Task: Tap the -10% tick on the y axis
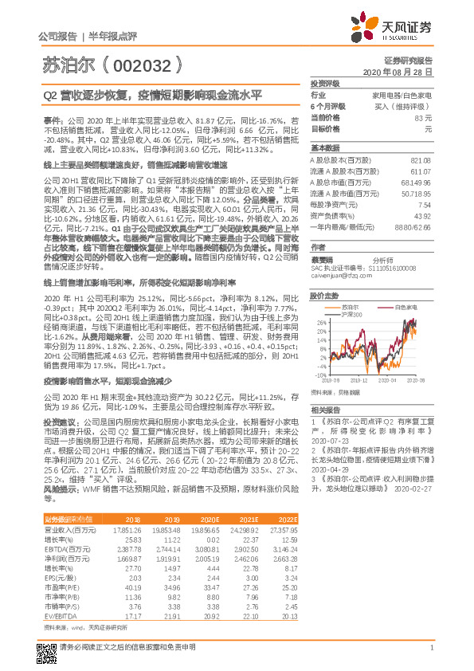(x=319, y=374)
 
